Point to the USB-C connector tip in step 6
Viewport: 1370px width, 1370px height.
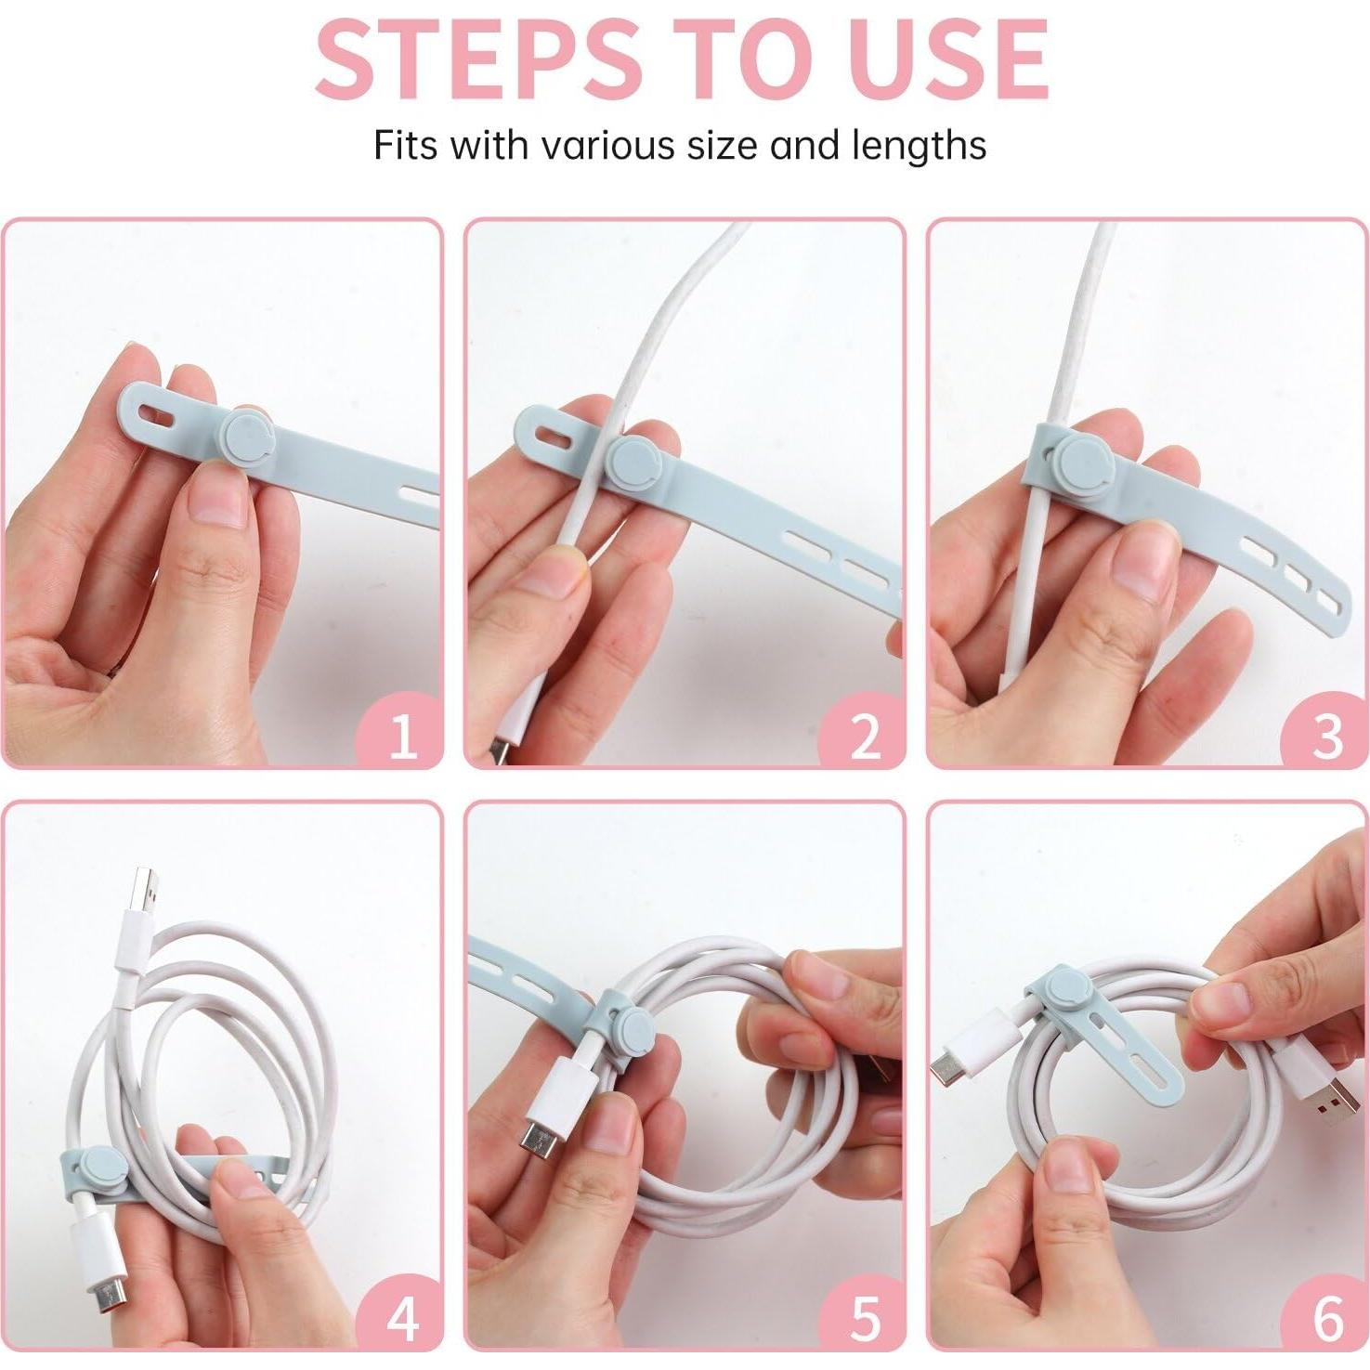pyautogui.click(x=949, y=1070)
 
